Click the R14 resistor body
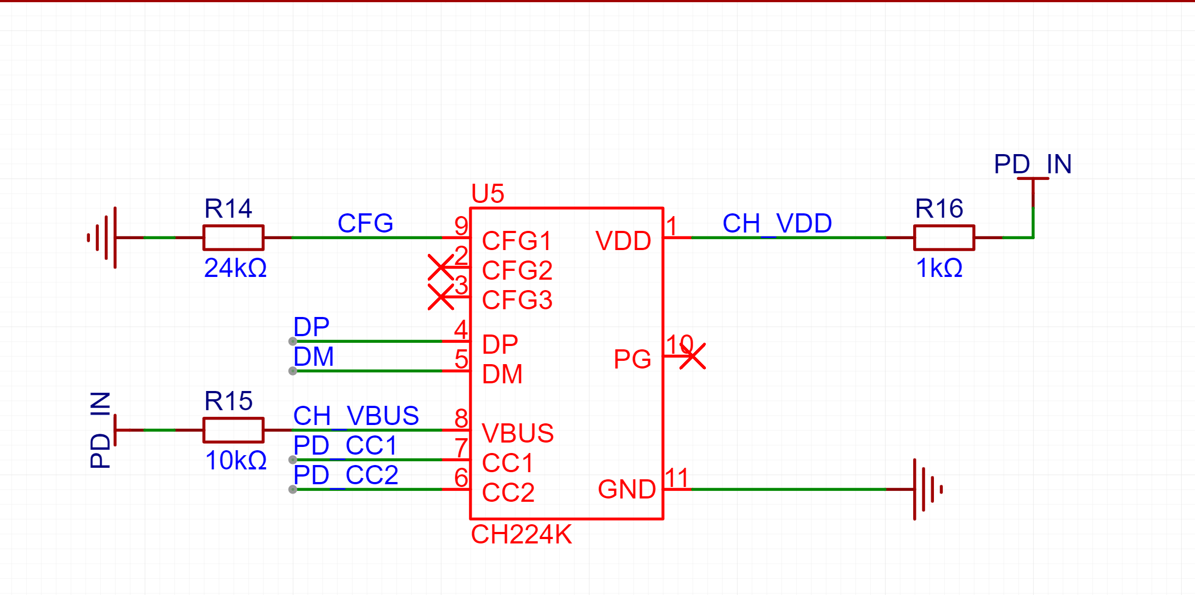point(233,237)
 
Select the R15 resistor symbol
point(233,430)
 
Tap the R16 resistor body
point(944,237)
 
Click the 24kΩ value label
point(235,268)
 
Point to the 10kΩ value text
point(236,461)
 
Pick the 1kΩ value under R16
point(939,268)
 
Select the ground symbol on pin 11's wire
point(927,489)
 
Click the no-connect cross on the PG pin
point(693,356)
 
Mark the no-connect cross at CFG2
point(441,268)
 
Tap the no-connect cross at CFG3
point(441,297)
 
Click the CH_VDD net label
point(777,224)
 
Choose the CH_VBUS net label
point(356,416)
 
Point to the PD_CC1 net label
point(345,445)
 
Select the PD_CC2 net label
point(346,475)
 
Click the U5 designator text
point(488,194)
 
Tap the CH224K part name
point(521,534)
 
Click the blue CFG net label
point(365,223)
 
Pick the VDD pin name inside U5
point(623,241)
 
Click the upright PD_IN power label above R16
point(1033,164)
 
